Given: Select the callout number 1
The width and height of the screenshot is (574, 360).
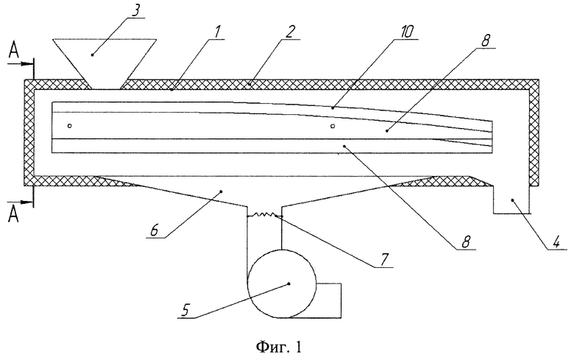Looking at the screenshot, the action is coord(217,32).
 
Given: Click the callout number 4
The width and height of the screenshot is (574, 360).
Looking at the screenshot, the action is coord(556,242).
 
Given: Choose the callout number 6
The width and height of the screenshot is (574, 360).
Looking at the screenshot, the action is coord(154,230).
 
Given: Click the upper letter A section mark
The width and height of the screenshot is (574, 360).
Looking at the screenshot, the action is coord(13,52).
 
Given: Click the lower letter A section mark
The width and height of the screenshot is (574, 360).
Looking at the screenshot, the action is coord(13,213).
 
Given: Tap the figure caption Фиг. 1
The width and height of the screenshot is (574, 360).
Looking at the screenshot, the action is coord(279,346).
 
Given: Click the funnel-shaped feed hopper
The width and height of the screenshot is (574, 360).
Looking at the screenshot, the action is coord(104,63).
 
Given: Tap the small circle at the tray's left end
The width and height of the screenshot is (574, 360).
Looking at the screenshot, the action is coord(70,126).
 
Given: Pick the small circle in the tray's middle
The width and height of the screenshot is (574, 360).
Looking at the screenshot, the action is coord(333,127).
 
